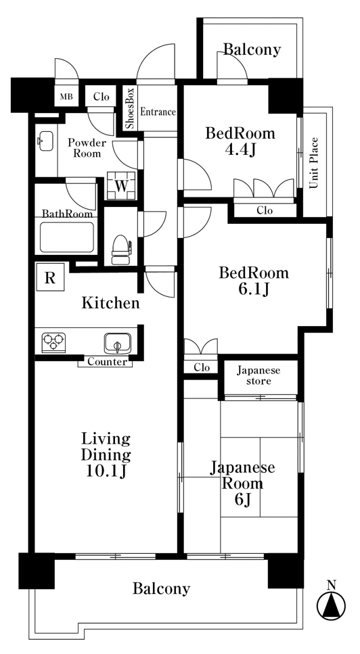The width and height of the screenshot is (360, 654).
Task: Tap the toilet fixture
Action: pyautogui.click(x=121, y=250)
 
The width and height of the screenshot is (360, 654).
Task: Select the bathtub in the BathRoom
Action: pyautogui.click(x=67, y=237)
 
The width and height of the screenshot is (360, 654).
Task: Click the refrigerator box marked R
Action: pyautogui.click(x=50, y=277)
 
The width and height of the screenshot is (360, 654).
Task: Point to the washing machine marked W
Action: pyautogui.click(x=121, y=185)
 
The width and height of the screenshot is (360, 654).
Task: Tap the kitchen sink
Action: pyautogui.click(x=117, y=342)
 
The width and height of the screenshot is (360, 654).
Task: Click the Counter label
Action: pyautogui.click(x=107, y=362)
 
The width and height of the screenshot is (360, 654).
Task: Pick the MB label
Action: pyautogui.click(x=66, y=97)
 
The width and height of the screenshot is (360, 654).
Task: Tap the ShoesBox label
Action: pyautogui.click(x=130, y=108)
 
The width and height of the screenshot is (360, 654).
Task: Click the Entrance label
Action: pyautogui.click(x=158, y=112)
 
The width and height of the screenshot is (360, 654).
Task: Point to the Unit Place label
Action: pyautogui.click(x=314, y=163)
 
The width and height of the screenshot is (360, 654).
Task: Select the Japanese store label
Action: pyautogui.click(x=258, y=375)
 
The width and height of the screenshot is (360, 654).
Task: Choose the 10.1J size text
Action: pyautogui.click(x=106, y=471)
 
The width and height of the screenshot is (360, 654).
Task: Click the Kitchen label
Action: pyautogui.click(x=110, y=303)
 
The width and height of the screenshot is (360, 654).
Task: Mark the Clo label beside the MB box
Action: pyautogui.click(x=102, y=97)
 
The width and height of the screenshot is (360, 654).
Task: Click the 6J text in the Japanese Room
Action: pyautogui.click(x=242, y=499)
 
